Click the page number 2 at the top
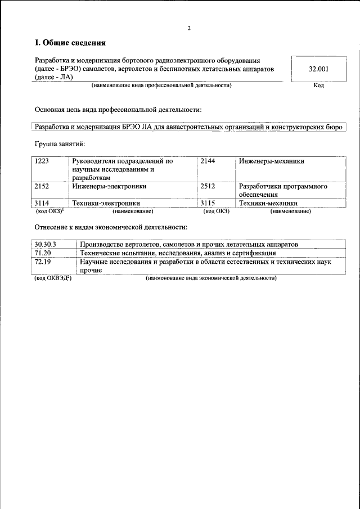[189, 28]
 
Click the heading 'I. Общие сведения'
[70, 43]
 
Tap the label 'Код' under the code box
[318, 85]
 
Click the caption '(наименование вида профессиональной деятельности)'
[161, 85]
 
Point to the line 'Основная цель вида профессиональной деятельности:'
[118, 109]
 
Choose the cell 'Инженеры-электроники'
[110, 186]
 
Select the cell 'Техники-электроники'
[106, 203]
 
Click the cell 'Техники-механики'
[268, 203]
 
